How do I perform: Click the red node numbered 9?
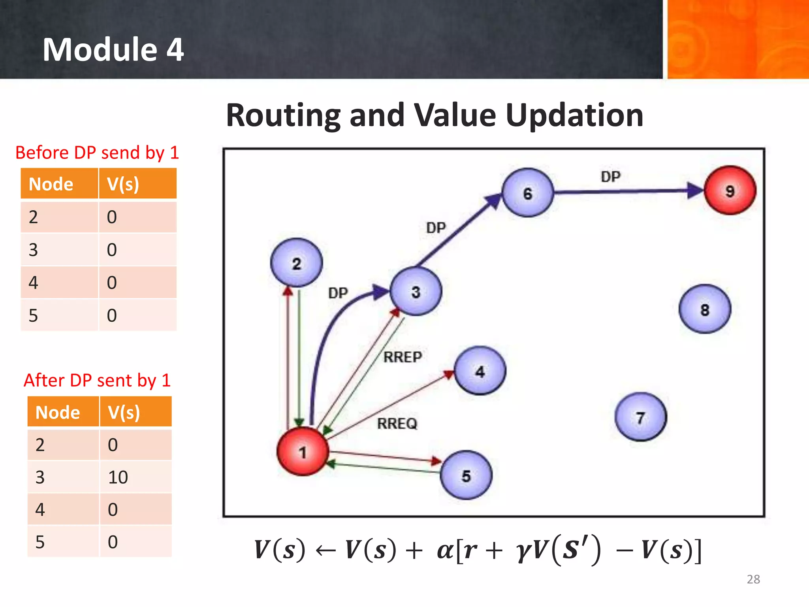(x=730, y=190)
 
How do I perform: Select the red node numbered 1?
(x=303, y=451)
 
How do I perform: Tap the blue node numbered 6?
(x=527, y=193)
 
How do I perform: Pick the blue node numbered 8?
(x=705, y=309)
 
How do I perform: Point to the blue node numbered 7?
(x=641, y=417)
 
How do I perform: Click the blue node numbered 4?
(x=480, y=371)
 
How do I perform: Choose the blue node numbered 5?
(x=466, y=475)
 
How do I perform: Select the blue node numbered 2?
(x=297, y=263)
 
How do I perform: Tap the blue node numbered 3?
(x=416, y=292)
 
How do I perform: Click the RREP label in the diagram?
(x=403, y=357)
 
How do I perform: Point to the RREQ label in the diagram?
(x=397, y=424)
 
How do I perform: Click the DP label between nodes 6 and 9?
(x=611, y=177)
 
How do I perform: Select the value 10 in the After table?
(x=118, y=477)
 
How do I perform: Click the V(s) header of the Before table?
(x=123, y=184)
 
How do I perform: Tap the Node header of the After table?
(x=58, y=412)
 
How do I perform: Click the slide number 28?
(x=753, y=579)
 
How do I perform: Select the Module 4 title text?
(x=113, y=49)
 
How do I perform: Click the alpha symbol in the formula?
(x=445, y=550)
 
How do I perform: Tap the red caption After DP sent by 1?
(x=97, y=380)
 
